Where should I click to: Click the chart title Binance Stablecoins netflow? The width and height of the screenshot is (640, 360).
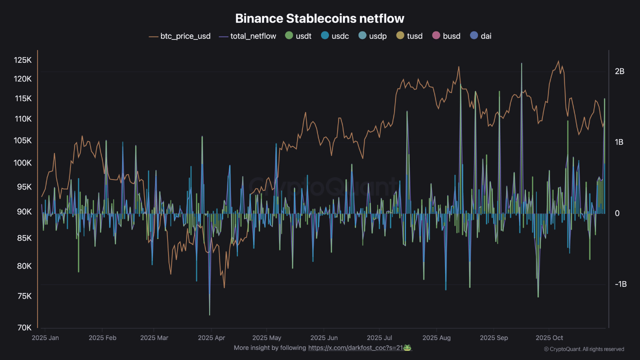(x=319, y=18)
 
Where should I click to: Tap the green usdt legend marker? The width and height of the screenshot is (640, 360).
(x=288, y=36)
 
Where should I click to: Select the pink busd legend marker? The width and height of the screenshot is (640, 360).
(x=435, y=36)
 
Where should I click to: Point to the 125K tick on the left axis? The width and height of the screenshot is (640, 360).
(x=22, y=60)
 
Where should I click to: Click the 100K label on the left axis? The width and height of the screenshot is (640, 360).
(x=22, y=163)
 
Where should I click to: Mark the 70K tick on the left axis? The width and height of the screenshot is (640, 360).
(x=24, y=327)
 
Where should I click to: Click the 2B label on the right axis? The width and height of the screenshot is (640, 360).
(x=619, y=71)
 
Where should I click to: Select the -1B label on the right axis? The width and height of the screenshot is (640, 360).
(x=620, y=284)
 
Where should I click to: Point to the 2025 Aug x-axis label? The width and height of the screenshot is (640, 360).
(x=436, y=338)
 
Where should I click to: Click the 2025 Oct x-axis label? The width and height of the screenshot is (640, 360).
(x=549, y=338)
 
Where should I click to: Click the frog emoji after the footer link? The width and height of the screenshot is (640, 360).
(x=407, y=347)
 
